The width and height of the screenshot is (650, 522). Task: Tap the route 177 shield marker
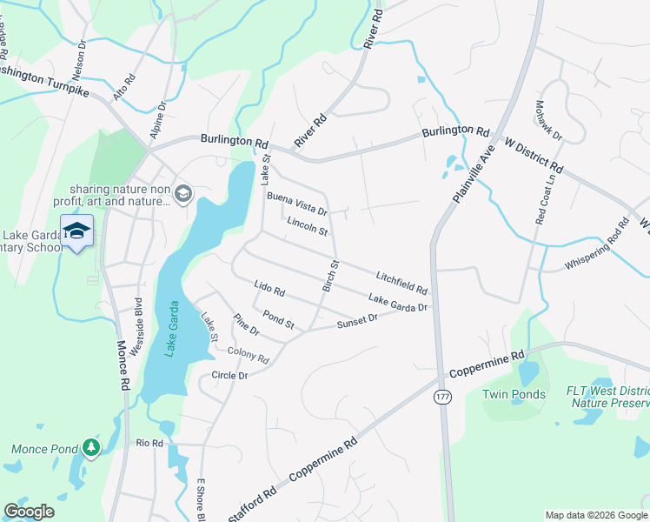(442, 397)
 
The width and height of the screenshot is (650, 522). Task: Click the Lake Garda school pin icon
(76, 231)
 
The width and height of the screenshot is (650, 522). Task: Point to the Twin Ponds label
(514, 394)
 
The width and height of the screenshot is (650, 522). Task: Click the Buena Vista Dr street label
(296, 205)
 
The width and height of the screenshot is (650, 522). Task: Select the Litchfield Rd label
(401, 282)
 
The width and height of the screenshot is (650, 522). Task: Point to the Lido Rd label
(269, 287)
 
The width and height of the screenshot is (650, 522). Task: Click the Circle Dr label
(230, 375)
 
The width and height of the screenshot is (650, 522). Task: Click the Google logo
(29, 512)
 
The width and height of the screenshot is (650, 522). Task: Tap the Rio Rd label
(149, 443)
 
